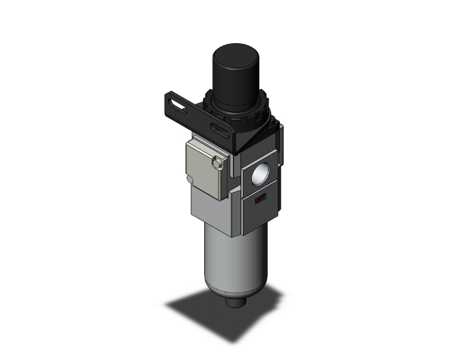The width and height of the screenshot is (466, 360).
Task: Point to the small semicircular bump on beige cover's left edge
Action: [x=189, y=180]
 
